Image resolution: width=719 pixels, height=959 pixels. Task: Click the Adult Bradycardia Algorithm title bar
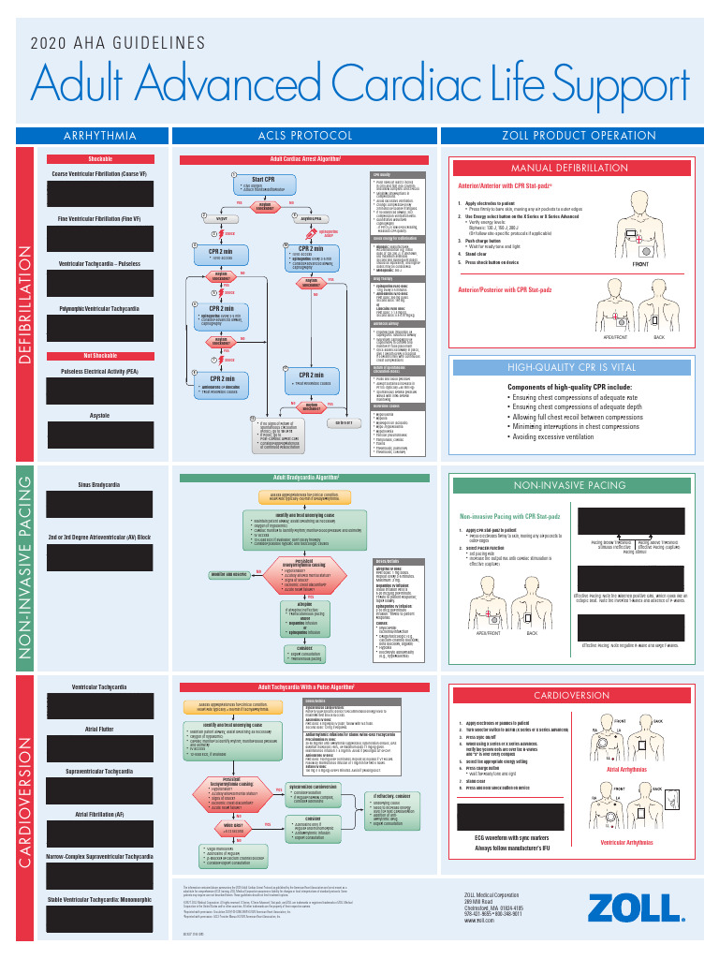coord(306,477)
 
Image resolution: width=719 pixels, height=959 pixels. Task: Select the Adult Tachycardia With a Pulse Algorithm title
coord(306,686)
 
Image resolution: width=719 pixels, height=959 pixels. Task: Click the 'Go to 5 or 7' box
coord(344,421)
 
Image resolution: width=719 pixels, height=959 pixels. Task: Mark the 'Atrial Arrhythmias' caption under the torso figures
coord(629,770)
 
